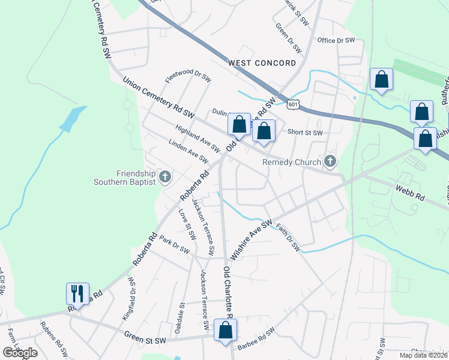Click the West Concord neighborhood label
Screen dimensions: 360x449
tap(262, 63)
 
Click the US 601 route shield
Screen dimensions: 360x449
tap(292, 104)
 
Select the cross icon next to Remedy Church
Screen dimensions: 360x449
tap(330, 161)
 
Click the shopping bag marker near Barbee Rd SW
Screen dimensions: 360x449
tap(225, 330)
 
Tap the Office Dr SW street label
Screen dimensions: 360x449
tap(336, 40)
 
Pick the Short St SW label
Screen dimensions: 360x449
tap(305, 133)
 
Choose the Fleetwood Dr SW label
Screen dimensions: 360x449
tap(188, 78)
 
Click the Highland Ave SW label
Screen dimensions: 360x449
tap(198, 139)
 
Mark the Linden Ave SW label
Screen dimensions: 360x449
tap(188, 152)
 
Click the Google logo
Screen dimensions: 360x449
tap(20, 352)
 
